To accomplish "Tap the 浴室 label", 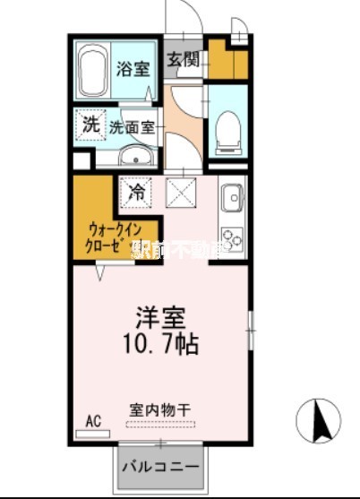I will (133, 69).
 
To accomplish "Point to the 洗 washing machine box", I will (90, 125).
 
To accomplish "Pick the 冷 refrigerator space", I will (136, 191).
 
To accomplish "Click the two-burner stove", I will (232, 239).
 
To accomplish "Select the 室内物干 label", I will (159, 409).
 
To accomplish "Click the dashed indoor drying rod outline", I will (159, 424).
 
